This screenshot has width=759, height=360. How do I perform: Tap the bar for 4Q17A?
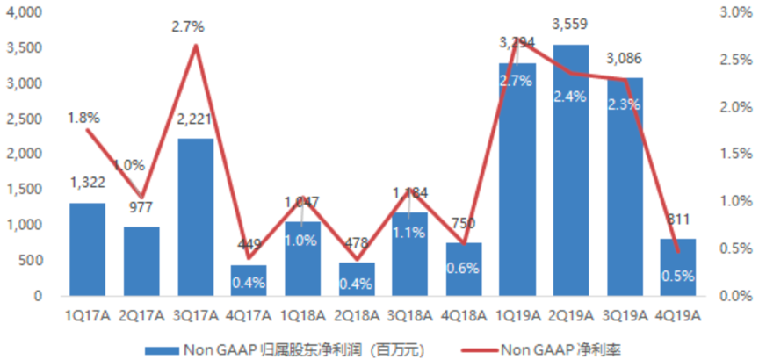point(249,280)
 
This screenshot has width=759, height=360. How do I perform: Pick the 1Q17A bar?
point(88,249)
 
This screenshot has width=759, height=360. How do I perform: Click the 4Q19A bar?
point(679,267)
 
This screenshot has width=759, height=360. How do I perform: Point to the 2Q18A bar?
point(357,279)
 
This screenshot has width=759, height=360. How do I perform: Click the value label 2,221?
point(195,124)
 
